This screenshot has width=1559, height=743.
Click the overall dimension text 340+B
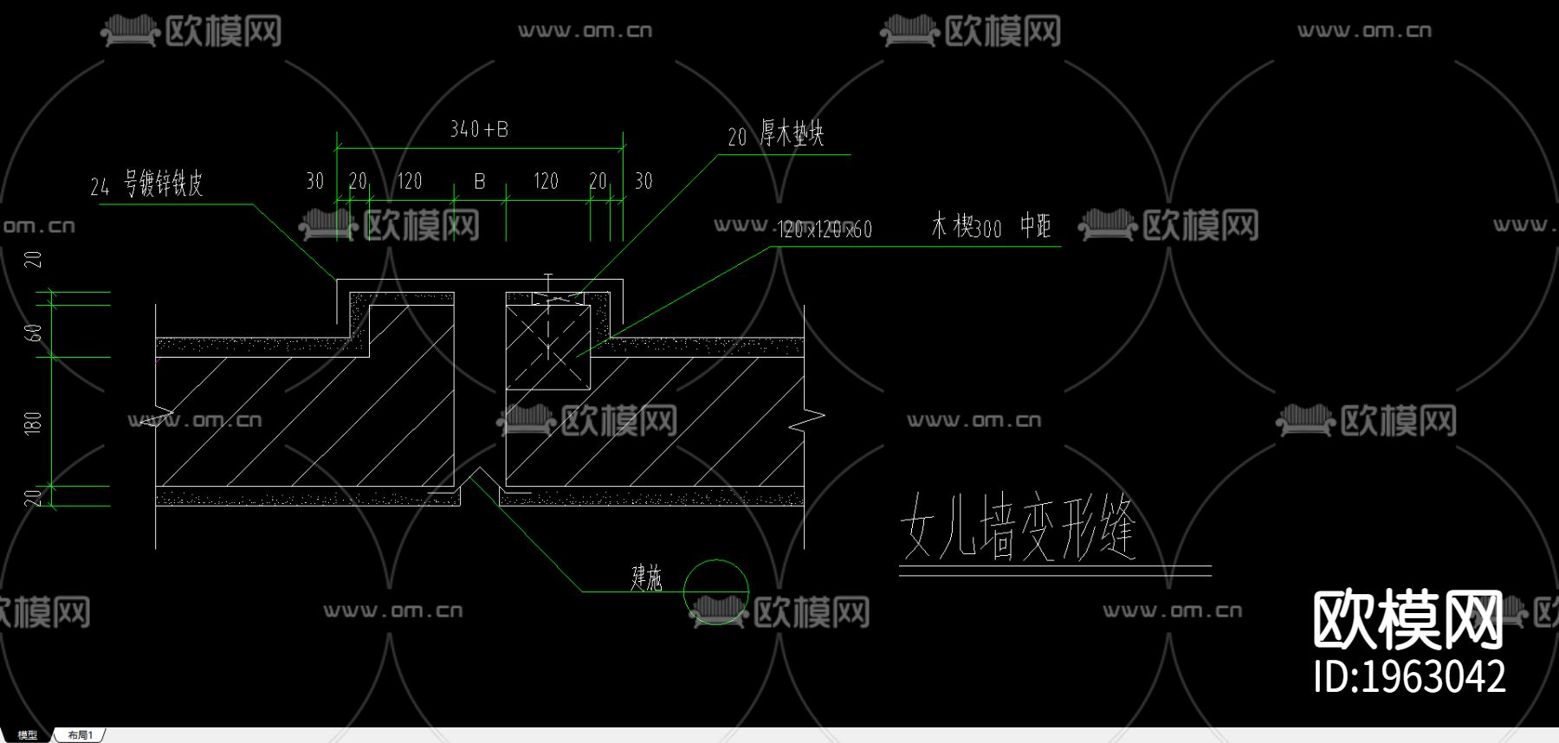pos(479,130)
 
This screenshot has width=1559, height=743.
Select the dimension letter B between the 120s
pos(480,182)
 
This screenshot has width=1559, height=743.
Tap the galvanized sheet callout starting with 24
pos(146,184)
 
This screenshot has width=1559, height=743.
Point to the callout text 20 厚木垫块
pos(776,134)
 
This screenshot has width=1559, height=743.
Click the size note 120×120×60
pos(825,229)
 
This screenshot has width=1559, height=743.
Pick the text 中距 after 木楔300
pos(1035,227)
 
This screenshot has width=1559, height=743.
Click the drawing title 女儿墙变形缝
pos(1018,527)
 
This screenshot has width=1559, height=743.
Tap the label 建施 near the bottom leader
pos(646,578)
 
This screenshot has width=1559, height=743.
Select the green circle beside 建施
pos(715,591)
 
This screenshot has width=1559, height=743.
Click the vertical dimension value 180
pos(33,423)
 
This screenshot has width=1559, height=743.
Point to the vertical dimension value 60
pos(33,333)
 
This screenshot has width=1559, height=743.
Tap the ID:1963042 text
pos(1409,676)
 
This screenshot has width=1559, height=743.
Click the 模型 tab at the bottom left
pos(27,735)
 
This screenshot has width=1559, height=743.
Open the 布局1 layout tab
pos(80,735)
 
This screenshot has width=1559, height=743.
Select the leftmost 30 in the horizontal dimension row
pos(315,181)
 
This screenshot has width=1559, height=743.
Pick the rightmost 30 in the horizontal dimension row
pos(644,181)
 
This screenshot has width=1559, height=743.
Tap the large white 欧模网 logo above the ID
pos(1407,619)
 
